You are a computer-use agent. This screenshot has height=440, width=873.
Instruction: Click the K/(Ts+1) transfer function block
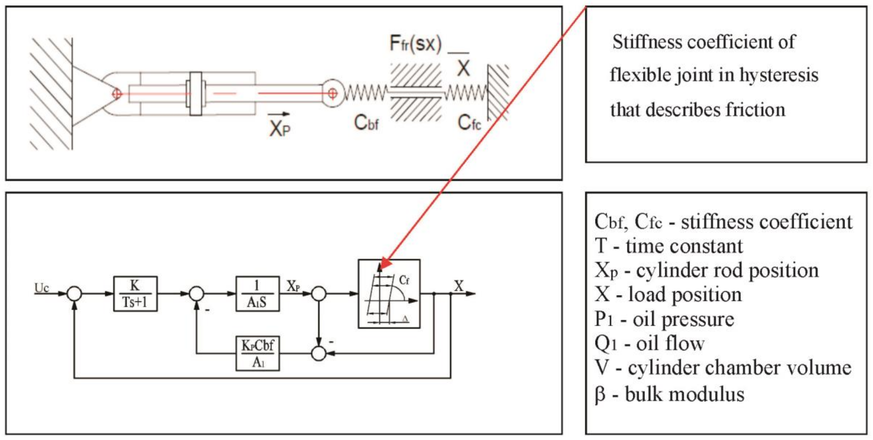pos(135,294)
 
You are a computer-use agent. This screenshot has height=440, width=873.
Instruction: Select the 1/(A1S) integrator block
pos(257,294)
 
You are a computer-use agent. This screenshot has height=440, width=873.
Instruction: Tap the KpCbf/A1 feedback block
pos(257,353)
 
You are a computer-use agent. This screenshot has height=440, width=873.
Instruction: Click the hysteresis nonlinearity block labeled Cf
pos(389,294)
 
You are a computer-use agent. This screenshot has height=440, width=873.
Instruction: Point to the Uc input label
pos(42,288)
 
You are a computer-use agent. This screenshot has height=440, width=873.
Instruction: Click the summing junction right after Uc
pos(74,294)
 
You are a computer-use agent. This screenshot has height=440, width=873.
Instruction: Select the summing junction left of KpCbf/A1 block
pos(318,354)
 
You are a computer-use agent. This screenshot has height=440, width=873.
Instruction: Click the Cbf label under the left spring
pos(366,123)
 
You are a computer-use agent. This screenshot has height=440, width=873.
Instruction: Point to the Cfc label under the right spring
pos(469,123)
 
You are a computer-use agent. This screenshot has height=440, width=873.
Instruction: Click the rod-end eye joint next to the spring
pos(332,93)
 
